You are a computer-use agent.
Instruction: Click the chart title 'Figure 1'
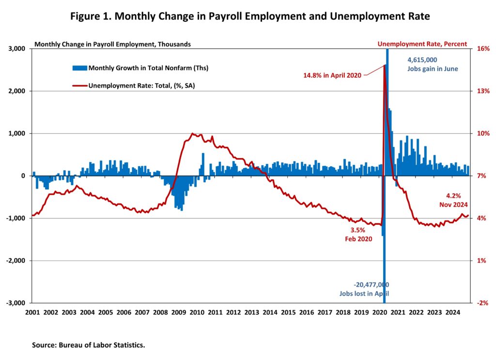tap(250, 17)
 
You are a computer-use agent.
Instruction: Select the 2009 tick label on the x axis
tap(178, 313)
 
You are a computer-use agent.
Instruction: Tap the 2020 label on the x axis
tap(379, 313)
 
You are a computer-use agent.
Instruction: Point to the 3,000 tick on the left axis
tap(18, 49)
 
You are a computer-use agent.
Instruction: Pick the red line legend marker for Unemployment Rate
tap(79, 86)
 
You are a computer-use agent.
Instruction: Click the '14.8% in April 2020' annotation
tap(332, 75)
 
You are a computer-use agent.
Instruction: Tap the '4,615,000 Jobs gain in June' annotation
tap(432, 64)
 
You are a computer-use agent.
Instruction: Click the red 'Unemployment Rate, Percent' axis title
tap(422, 44)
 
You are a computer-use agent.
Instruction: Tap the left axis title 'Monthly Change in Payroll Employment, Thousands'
tap(112, 44)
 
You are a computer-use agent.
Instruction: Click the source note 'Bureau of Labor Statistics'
tap(89, 345)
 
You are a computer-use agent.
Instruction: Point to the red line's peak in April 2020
tap(385, 65)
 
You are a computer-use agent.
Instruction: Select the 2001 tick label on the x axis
tap(32, 313)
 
